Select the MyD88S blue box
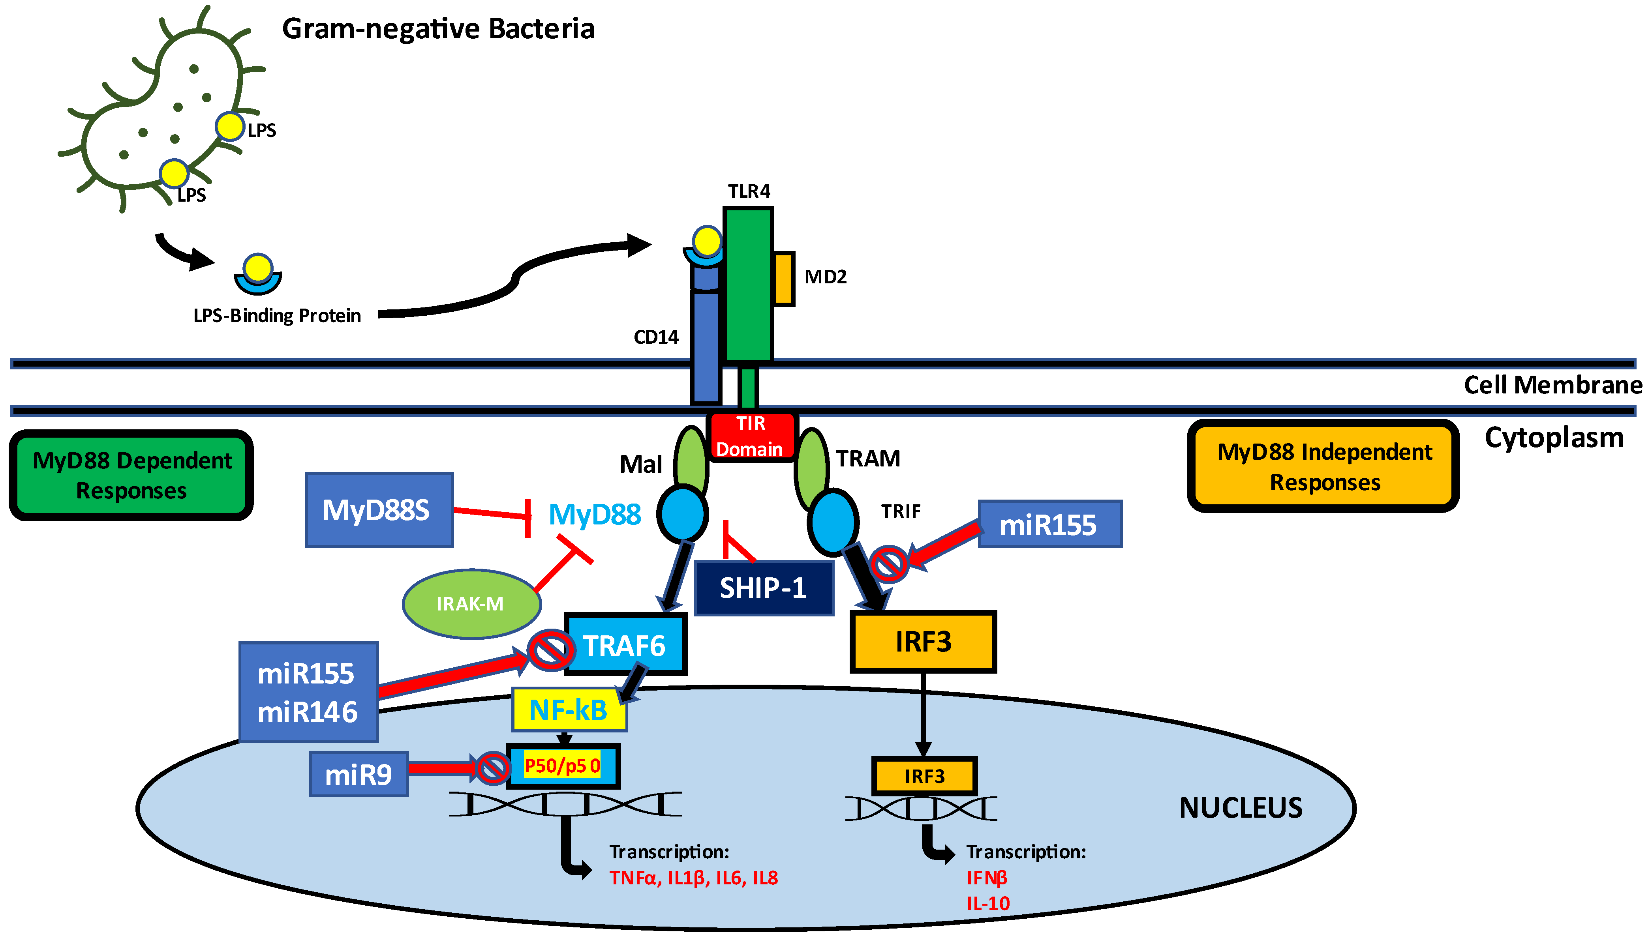[x=379, y=510]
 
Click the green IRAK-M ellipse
[x=471, y=604]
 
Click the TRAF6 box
[x=625, y=645]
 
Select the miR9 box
[x=359, y=774]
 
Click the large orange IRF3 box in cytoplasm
[x=923, y=642]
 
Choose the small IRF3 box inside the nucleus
[x=924, y=776]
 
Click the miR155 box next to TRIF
[x=1049, y=524]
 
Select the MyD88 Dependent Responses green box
[x=132, y=475]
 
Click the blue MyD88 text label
[x=594, y=515]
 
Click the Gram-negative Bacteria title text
[x=438, y=29]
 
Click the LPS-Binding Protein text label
[x=277, y=316]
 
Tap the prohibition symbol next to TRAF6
[x=550, y=650]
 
